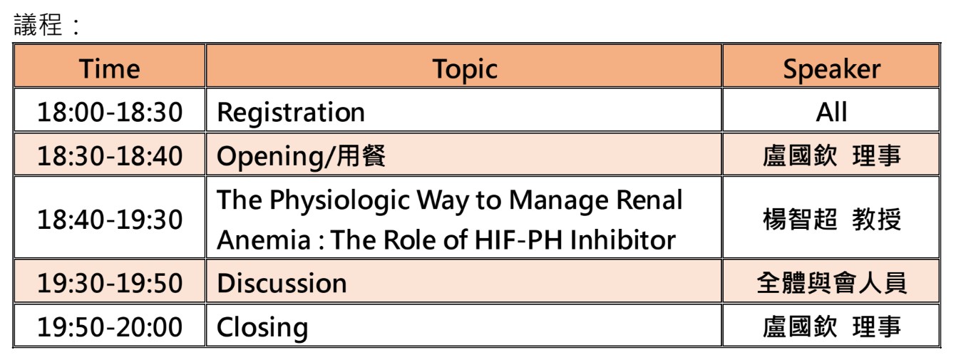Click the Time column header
point(110,68)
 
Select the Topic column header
point(465,70)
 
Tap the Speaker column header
point(831,70)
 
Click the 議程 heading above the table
point(38,24)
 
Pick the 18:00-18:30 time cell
point(110,112)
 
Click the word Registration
point(291,113)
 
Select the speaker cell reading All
point(831,112)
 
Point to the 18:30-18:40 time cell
point(110,155)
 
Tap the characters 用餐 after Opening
point(361,155)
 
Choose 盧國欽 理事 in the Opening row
point(831,155)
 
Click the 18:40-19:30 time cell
point(110,220)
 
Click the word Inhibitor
point(622,240)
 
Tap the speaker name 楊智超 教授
point(831,220)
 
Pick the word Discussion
point(282,283)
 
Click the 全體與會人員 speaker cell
point(831,283)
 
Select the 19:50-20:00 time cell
point(110,327)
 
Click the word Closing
point(262,329)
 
